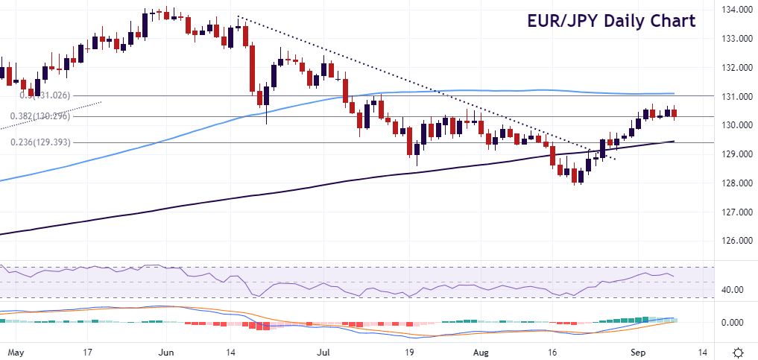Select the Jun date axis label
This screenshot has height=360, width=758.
coord(167,351)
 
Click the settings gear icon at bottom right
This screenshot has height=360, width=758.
coord(738,352)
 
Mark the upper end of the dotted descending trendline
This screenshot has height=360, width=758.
coord(238,17)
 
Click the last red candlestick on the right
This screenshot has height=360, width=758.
coord(675,114)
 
